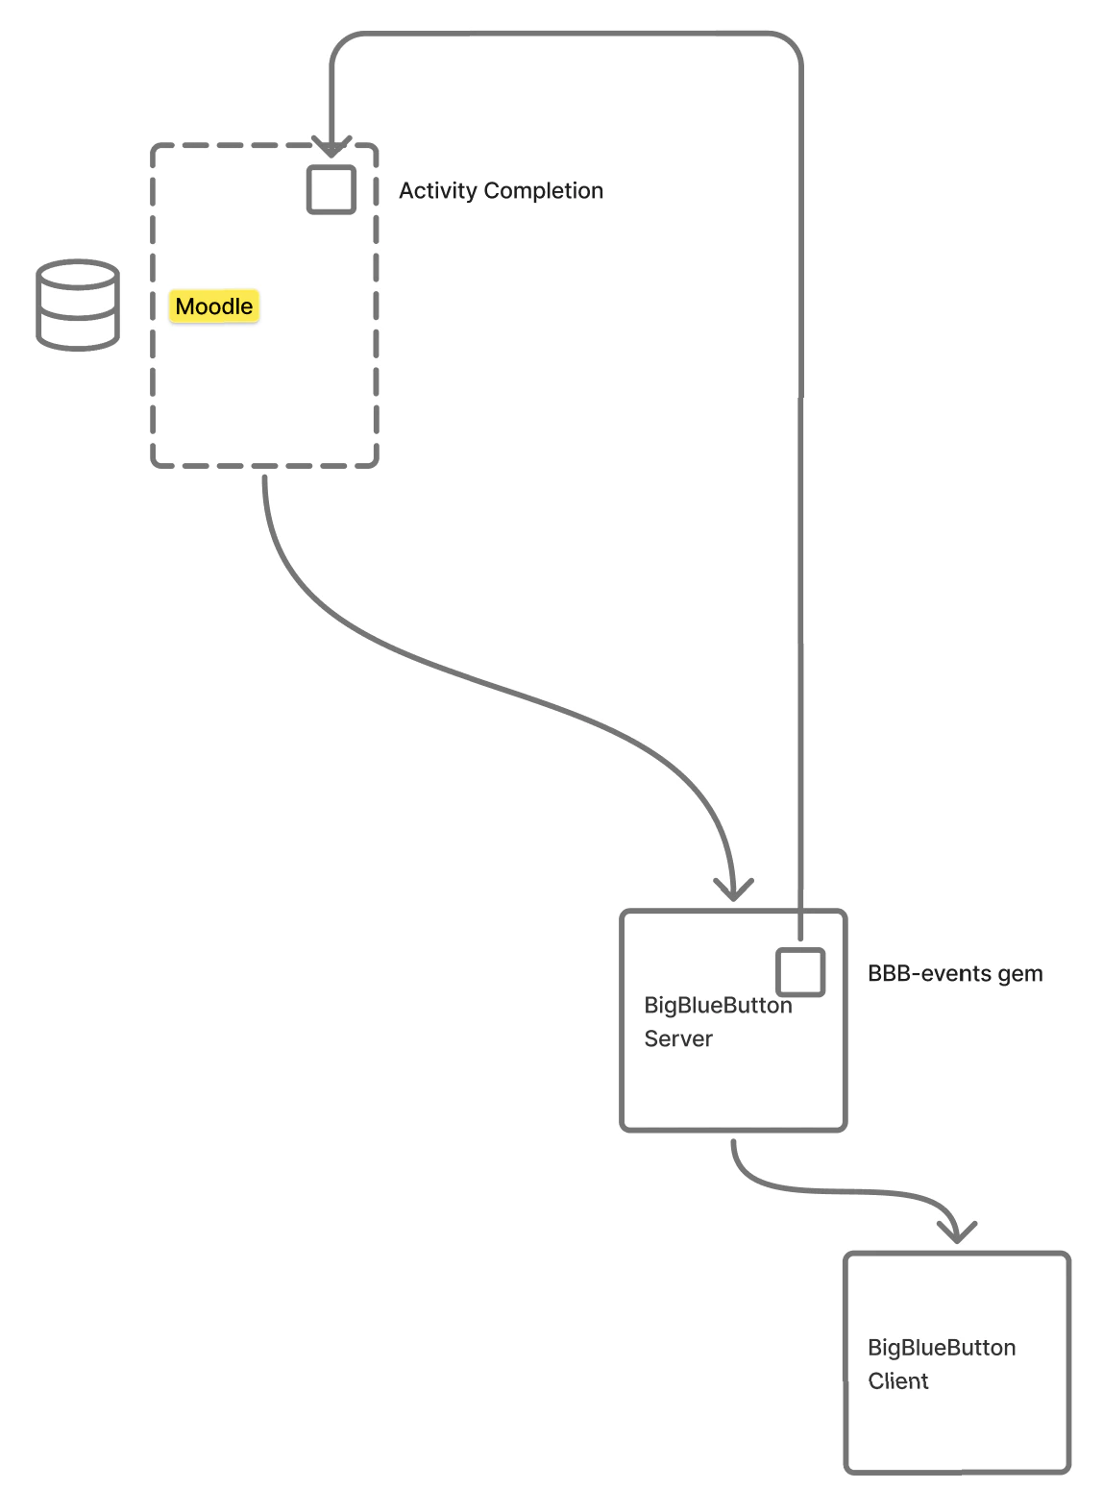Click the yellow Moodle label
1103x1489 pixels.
coord(214,306)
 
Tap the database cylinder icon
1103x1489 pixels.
coord(78,305)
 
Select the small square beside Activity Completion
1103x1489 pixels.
coord(331,189)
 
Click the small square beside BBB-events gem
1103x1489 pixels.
coord(800,972)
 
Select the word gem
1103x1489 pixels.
coord(1020,975)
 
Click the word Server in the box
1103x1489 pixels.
coord(678,1039)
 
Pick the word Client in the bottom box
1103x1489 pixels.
coord(898,1381)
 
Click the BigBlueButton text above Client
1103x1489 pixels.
coord(942,1348)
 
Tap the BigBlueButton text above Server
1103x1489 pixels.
coord(718,1006)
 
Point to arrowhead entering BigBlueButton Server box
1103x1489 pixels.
coord(734,891)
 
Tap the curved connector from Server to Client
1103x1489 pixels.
coord(836,1192)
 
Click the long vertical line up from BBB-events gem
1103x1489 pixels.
coord(800,576)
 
